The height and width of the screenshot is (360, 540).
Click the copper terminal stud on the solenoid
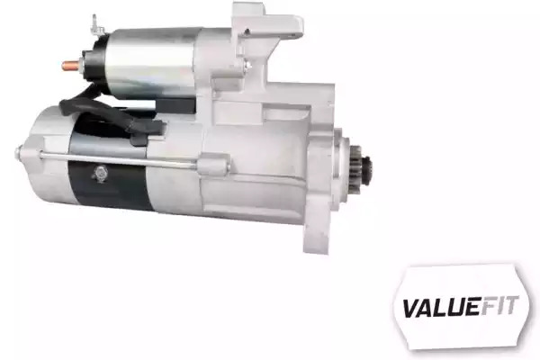[71, 65]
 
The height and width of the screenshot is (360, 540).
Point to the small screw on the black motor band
[100, 173]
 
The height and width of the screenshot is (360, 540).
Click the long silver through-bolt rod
[117, 159]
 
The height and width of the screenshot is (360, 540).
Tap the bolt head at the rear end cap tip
[19, 153]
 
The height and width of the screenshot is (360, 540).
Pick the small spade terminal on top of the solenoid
[97, 26]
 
